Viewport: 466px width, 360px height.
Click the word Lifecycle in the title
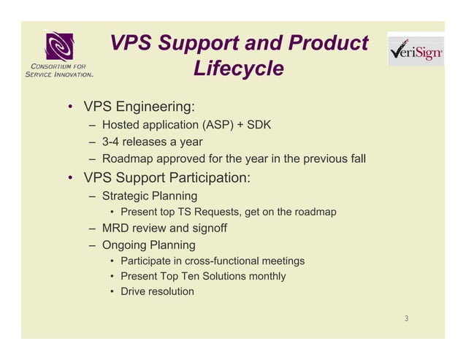238,69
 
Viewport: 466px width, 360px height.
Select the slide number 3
407,318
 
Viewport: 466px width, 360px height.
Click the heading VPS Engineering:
138,107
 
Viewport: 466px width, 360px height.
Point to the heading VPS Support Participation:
167,177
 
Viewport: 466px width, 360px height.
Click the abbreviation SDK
259,125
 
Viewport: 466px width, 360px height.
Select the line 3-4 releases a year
152,142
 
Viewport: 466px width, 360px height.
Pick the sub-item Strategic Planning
149,196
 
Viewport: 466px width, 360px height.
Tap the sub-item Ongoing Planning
148,245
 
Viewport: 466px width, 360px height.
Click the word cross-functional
218,261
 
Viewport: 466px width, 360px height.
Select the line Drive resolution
157,291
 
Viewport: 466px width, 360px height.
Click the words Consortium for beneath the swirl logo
58,67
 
